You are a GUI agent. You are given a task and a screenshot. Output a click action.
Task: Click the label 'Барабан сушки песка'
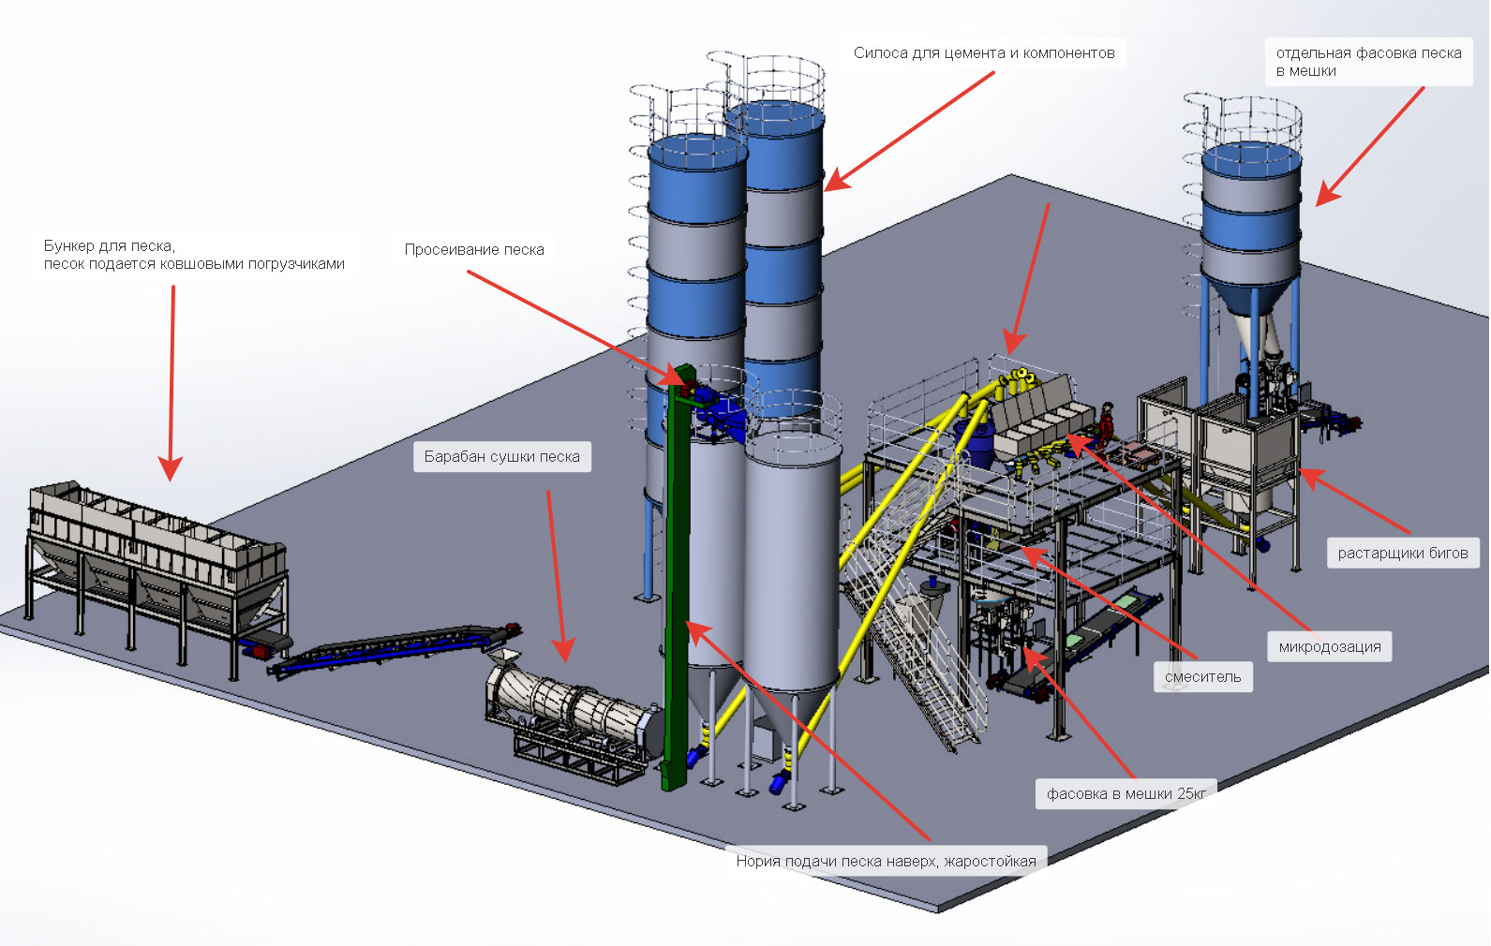coord(501,457)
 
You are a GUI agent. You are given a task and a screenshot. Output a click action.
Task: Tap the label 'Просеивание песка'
coord(473,250)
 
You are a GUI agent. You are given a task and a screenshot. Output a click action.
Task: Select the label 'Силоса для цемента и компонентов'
coord(983,53)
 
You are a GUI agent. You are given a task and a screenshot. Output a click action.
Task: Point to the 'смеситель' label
coord(1202,677)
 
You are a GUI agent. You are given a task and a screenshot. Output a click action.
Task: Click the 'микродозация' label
coord(1329,647)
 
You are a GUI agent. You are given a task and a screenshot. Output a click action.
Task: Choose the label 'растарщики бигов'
coord(1402,554)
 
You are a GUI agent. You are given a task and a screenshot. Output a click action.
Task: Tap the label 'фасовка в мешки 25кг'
coord(1126,794)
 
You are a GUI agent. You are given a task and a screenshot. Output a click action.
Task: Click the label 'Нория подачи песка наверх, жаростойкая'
coord(886,862)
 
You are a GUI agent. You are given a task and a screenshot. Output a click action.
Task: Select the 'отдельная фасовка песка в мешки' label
coord(1367,62)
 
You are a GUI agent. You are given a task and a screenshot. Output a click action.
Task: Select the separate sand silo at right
coord(1251,225)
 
